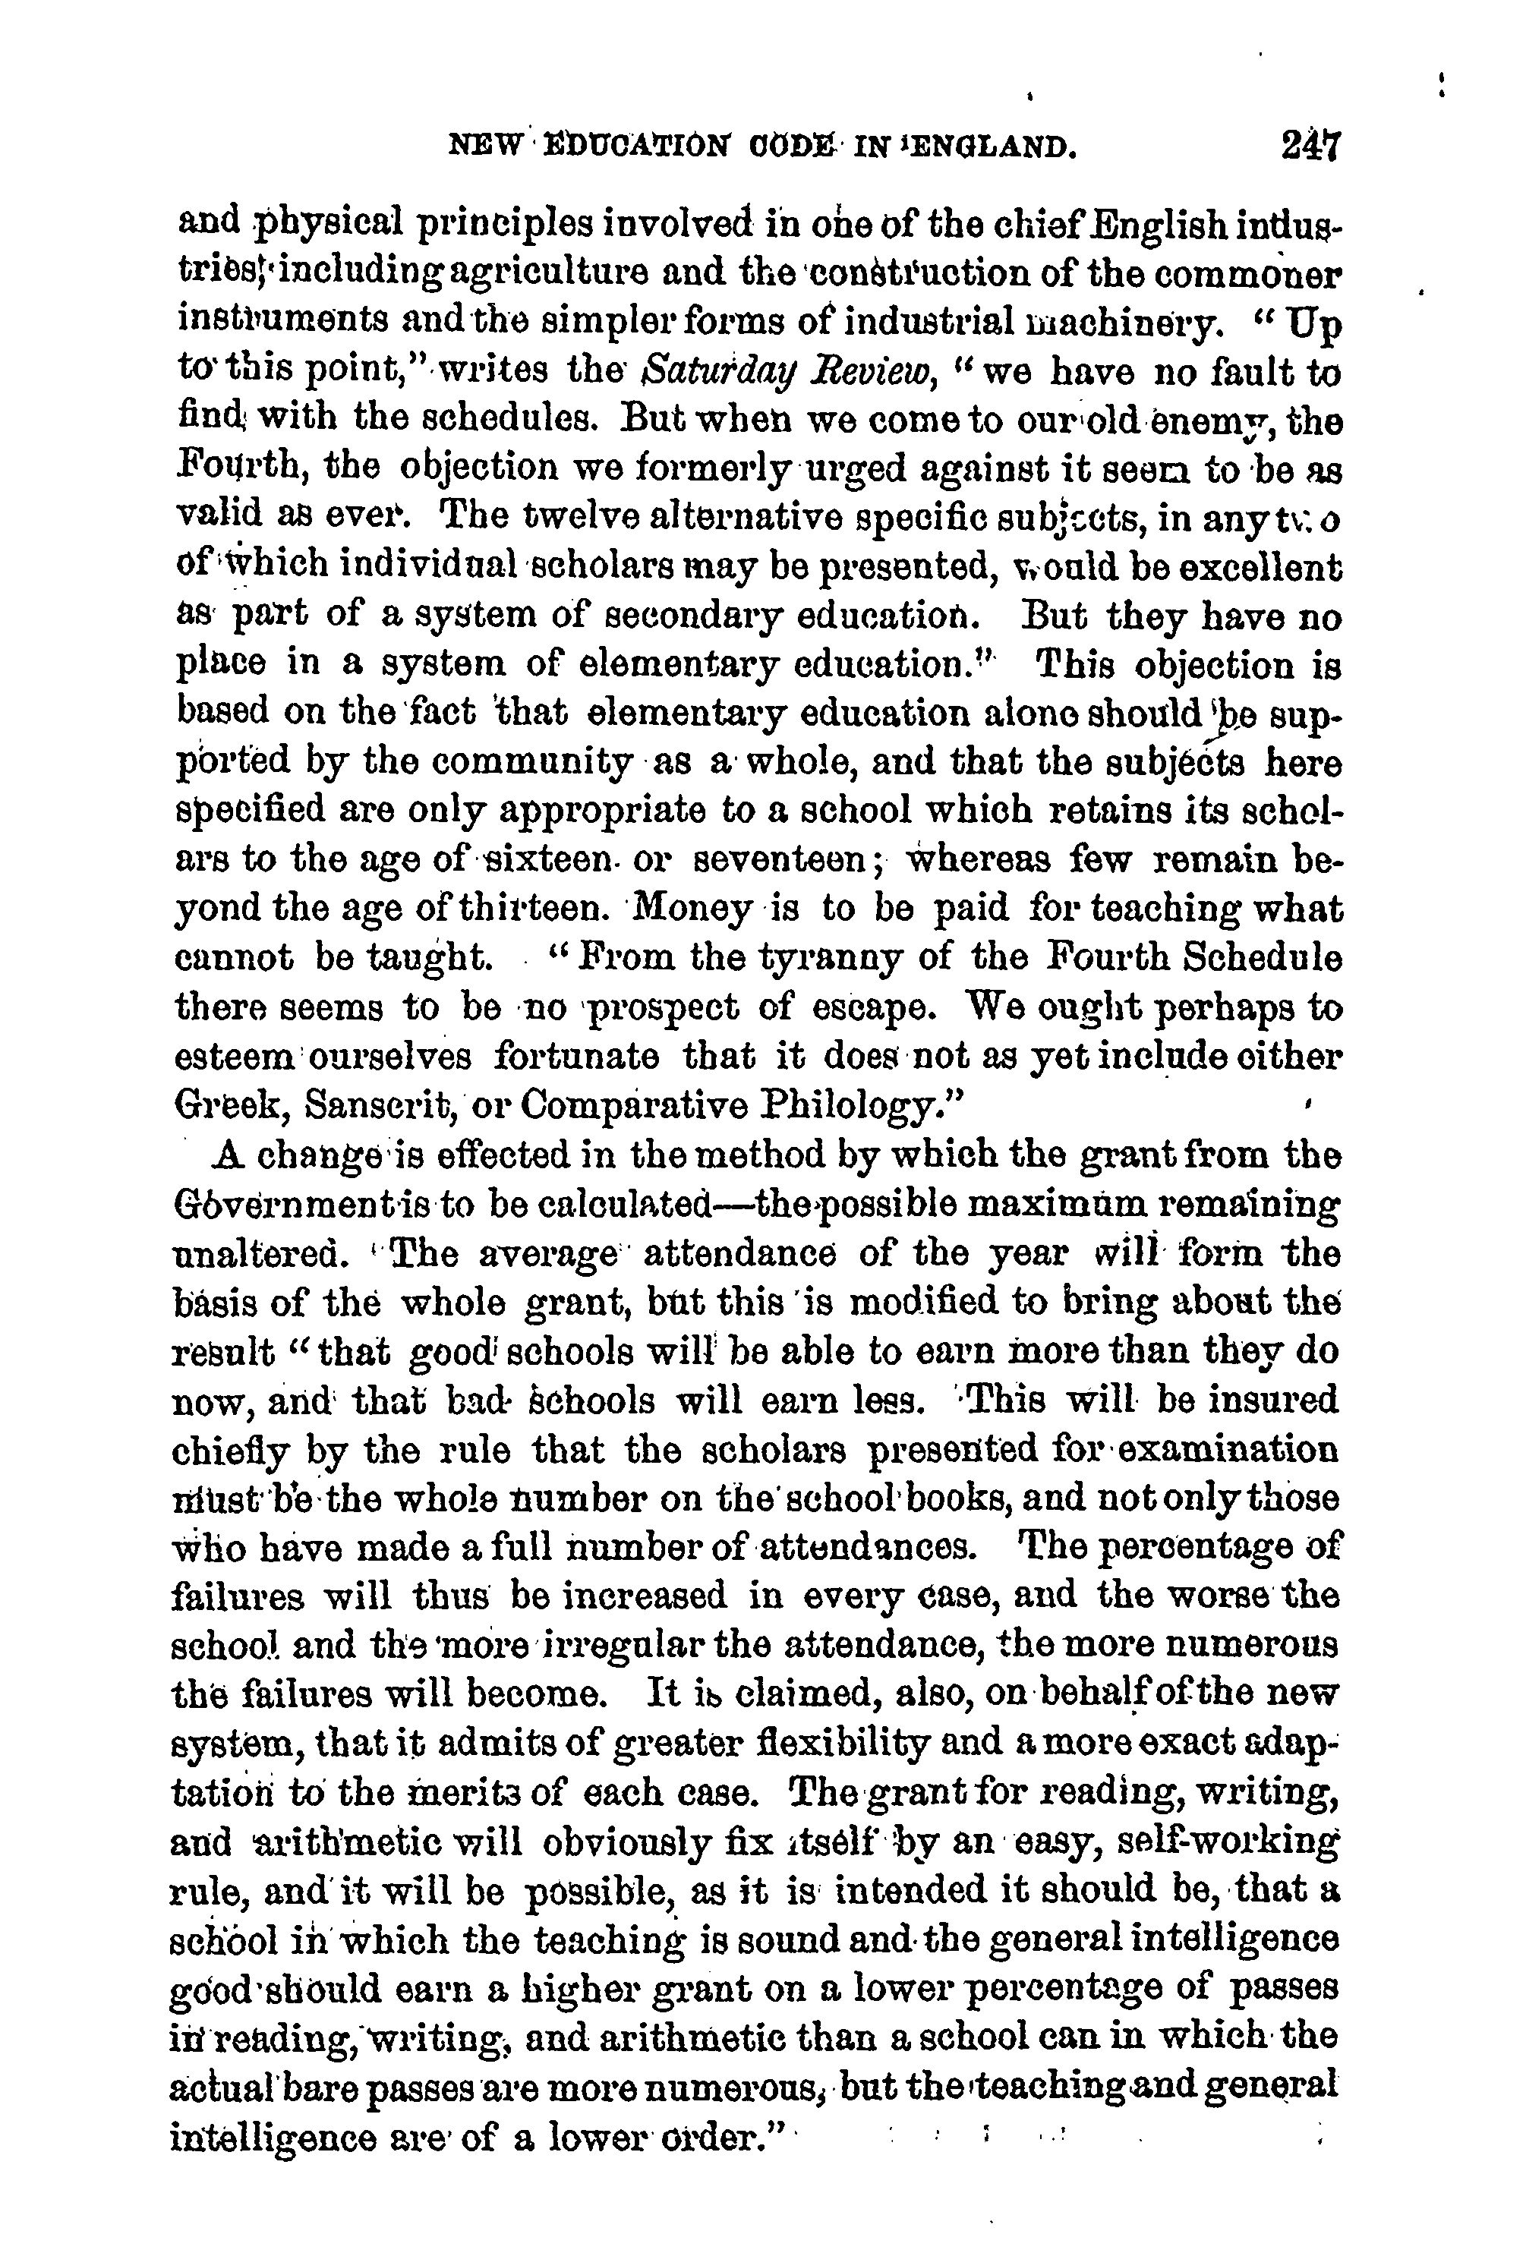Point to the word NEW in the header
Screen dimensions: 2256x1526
pos(475,147)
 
